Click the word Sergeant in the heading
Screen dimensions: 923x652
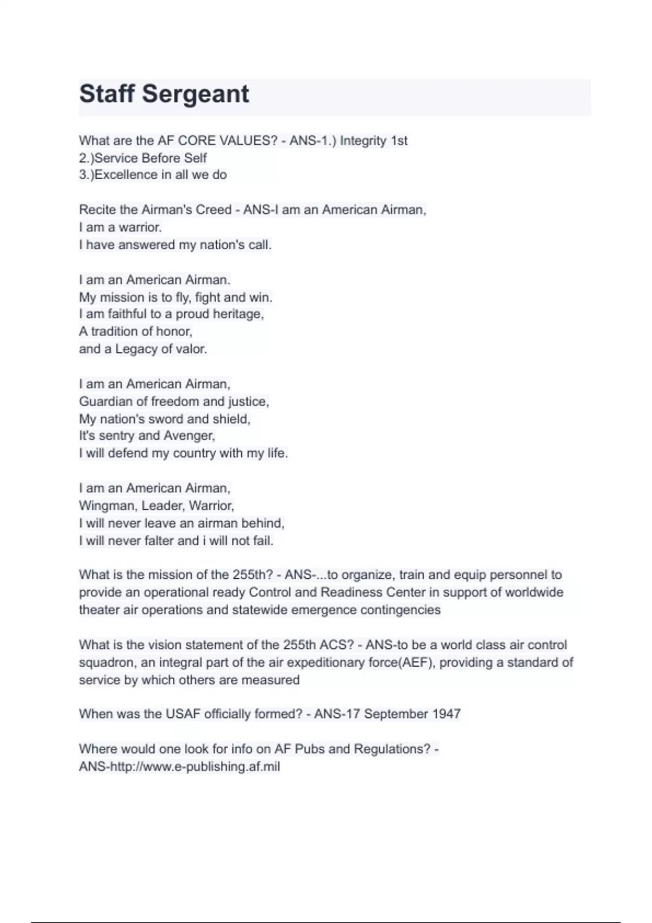[x=195, y=94]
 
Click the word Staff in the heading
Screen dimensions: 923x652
[x=106, y=94]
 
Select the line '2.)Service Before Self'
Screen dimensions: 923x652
[x=143, y=158]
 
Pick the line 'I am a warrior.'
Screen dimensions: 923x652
[x=120, y=227]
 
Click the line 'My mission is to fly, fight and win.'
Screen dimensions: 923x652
[x=175, y=297]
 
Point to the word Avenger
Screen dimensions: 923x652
[x=189, y=435]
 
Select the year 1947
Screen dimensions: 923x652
[x=446, y=714]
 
